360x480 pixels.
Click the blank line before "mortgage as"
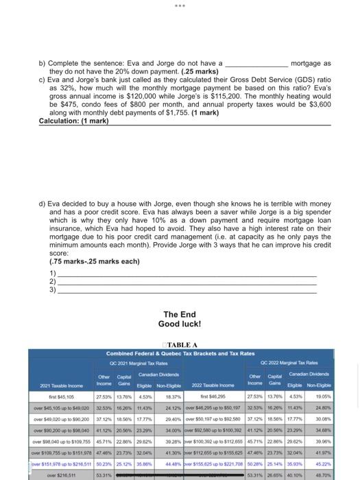256,64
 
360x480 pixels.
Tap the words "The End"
179,315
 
